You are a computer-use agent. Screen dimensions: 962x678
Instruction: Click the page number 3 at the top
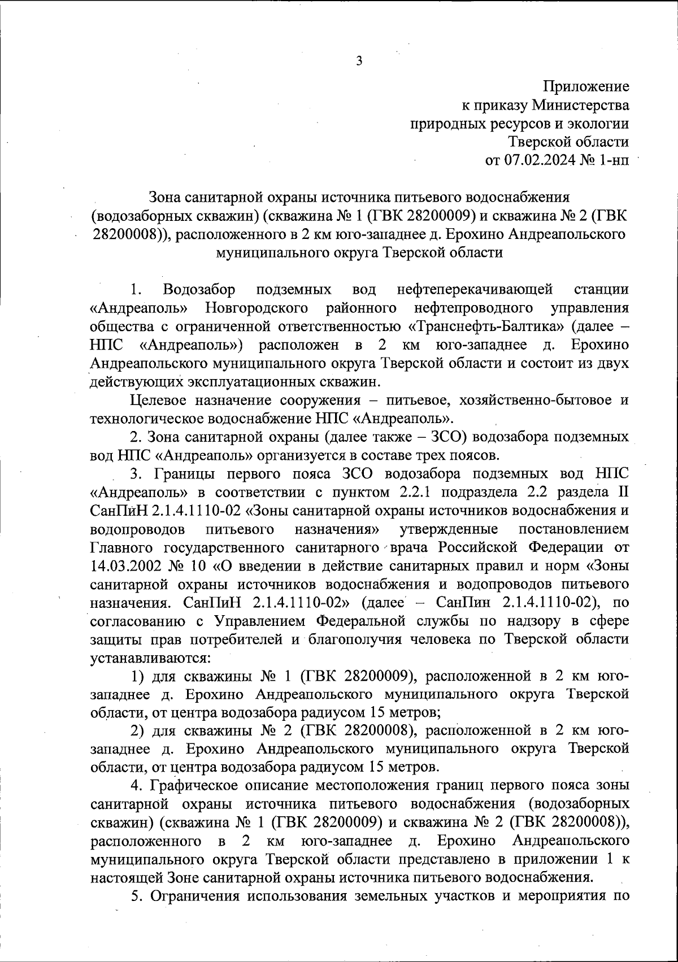(x=359, y=62)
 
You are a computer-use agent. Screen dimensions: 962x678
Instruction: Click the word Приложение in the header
(x=586, y=86)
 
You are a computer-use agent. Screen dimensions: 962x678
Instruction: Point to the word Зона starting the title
(x=166, y=197)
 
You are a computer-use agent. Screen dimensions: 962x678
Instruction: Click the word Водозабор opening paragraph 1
(x=198, y=290)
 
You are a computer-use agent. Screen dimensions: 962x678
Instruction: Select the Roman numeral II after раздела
(x=623, y=492)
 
